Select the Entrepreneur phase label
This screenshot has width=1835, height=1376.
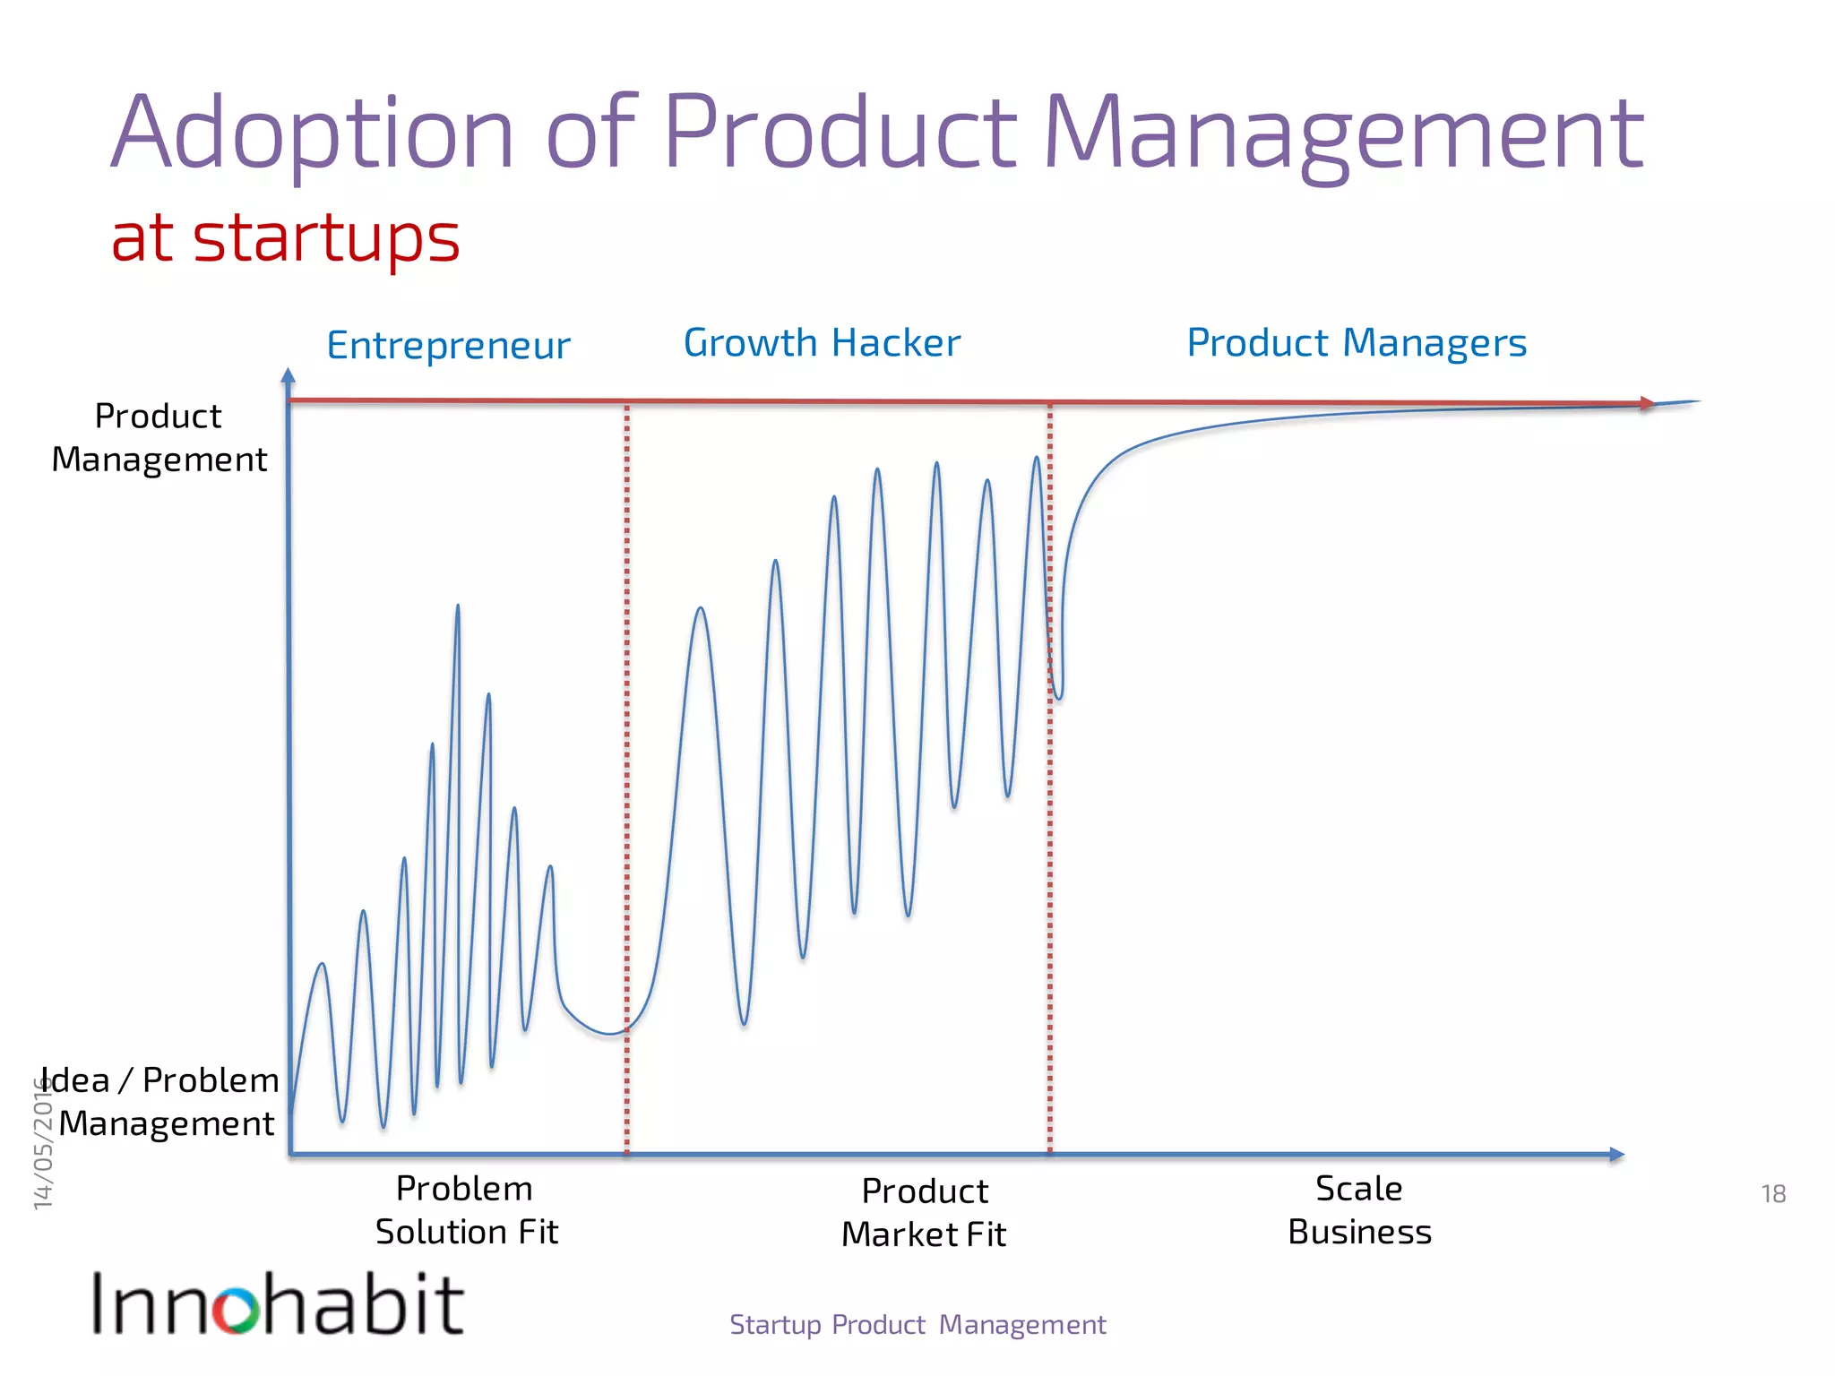click(x=448, y=346)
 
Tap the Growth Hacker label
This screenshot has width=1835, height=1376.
click(x=822, y=343)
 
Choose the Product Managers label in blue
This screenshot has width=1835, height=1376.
click(x=1357, y=343)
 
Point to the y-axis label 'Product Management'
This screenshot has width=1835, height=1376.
click(x=159, y=437)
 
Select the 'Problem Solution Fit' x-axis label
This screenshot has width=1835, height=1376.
click(x=466, y=1210)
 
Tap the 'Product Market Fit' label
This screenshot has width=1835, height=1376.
click(x=924, y=1213)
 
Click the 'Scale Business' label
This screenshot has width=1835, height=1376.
click(x=1359, y=1210)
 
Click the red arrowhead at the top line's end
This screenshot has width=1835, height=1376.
click(x=1647, y=403)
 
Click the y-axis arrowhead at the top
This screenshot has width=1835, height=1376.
click(x=288, y=375)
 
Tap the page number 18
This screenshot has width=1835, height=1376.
click(x=1773, y=1194)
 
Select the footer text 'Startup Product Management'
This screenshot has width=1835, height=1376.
click(x=917, y=1325)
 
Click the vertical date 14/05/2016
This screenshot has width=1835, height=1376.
click(x=43, y=1142)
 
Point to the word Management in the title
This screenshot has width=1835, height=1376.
click(x=1343, y=134)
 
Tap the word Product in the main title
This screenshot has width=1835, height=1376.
click(x=840, y=134)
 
